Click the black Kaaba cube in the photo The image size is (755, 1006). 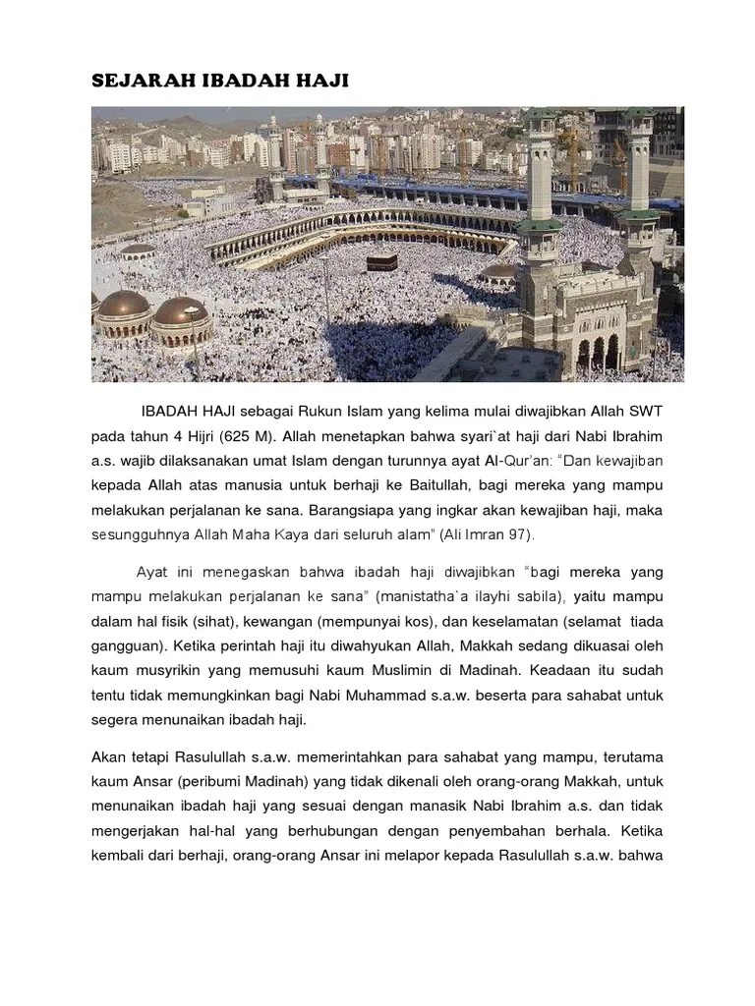(383, 262)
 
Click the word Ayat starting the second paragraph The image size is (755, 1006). (150, 571)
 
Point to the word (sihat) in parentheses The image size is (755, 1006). (220, 622)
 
